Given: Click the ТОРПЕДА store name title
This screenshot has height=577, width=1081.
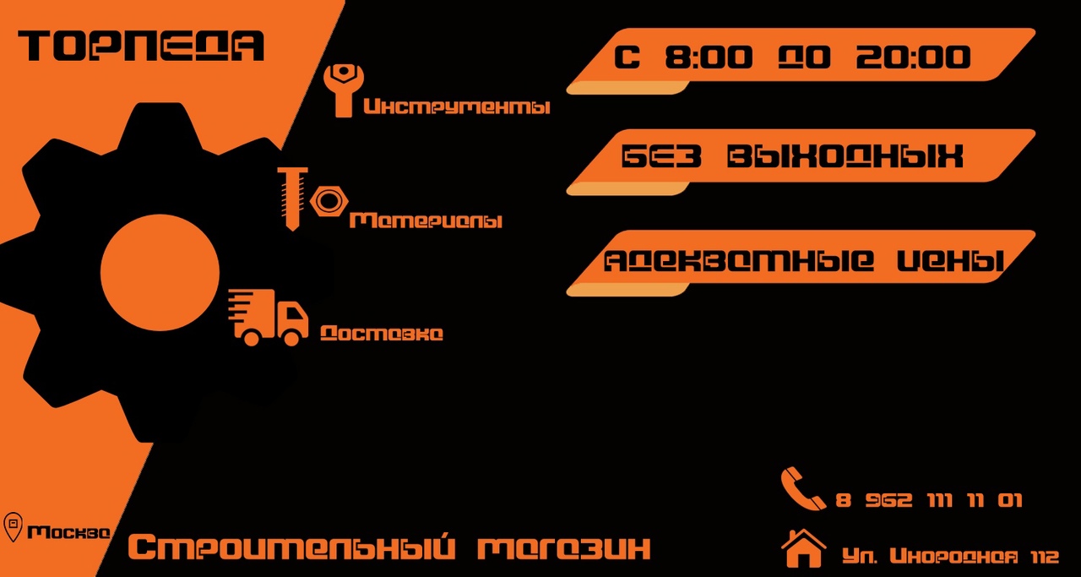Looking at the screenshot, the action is pyautogui.click(x=141, y=46).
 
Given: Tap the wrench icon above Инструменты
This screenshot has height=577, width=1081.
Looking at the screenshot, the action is pyautogui.click(x=344, y=90).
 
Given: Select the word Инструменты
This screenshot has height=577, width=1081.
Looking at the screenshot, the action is pyautogui.click(x=457, y=106).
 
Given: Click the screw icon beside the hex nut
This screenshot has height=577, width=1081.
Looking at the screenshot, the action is pyautogui.click(x=292, y=199).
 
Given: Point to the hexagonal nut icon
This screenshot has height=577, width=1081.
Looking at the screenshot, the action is pyautogui.click(x=329, y=200).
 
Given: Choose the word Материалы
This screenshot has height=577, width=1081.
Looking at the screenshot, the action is pyautogui.click(x=426, y=220).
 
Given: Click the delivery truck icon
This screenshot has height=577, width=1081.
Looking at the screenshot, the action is pyautogui.click(x=268, y=318).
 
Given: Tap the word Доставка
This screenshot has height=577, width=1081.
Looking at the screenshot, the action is pyautogui.click(x=382, y=333).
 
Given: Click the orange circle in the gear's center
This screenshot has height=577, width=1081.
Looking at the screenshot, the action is pyautogui.click(x=160, y=273).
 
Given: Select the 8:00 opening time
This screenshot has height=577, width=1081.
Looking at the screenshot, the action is pyautogui.click(x=709, y=57).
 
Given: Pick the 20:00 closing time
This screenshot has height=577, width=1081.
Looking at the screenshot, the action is pyautogui.click(x=913, y=57).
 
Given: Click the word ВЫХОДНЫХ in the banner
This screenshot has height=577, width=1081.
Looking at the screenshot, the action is pyautogui.click(x=845, y=156).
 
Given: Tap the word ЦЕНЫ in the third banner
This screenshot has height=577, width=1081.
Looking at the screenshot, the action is pyautogui.click(x=951, y=261).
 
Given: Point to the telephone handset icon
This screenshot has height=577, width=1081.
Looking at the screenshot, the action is pyautogui.click(x=801, y=488).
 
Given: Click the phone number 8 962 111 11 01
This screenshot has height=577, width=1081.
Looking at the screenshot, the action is pyautogui.click(x=929, y=500).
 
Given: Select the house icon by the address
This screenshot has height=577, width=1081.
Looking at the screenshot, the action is pyautogui.click(x=803, y=548).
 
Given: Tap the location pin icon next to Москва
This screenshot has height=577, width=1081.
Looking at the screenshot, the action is pyautogui.click(x=13, y=527).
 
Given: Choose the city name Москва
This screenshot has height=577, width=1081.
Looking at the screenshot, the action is pyautogui.click(x=69, y=532).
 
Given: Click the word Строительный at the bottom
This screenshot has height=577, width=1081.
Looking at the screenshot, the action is pyautogui.click(x=291, y=547).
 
